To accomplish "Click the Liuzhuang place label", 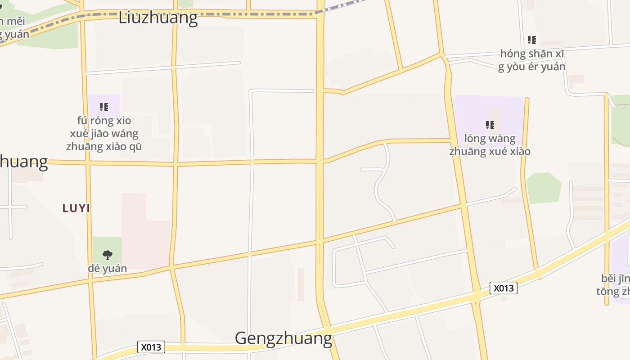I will [158, 18].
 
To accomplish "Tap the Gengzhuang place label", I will [283, 338].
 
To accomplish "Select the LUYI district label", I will [76, 208].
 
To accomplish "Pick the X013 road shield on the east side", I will [503, 288].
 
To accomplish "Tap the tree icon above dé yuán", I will [107, 255].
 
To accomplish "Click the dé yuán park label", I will [107, 269].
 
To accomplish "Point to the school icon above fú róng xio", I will [104, 107].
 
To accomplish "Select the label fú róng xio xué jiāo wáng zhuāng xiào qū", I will [104, 134].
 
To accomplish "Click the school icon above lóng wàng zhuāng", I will [490, 125].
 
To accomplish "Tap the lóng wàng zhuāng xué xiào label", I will [490, 145].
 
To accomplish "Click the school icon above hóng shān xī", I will [532, 40].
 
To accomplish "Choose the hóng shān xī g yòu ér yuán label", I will [532, 60].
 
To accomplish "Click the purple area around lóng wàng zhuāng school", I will [508, 112].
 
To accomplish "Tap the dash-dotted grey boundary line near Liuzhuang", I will [270, 15].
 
